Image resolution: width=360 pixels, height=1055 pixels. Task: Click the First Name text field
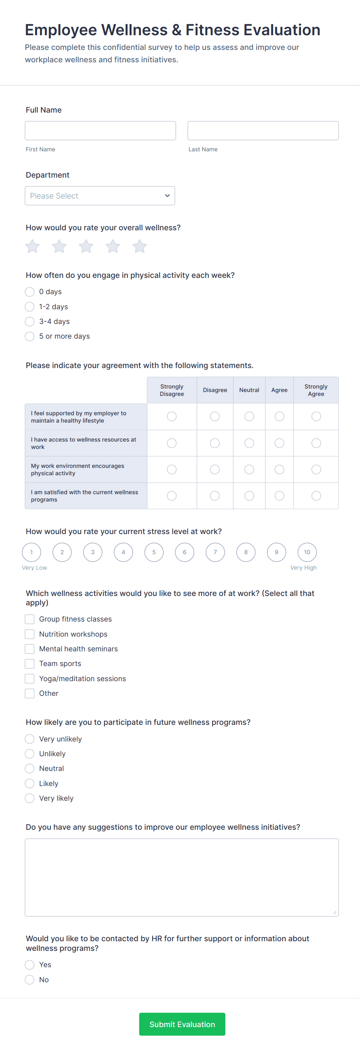(x=100, y=131)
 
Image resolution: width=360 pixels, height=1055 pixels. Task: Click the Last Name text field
(x=263, y=131)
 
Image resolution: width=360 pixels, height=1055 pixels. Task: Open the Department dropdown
(x=100, y=196)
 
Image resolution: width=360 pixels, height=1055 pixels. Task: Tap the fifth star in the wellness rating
(x=139, y=247)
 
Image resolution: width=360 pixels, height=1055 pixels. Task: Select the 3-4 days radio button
(x=29, y=322)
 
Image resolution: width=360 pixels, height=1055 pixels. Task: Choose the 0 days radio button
(x=29, y=291)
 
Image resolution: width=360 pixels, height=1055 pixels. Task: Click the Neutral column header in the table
(x=249, y=390)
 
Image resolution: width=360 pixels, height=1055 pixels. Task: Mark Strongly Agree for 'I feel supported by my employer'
(x=316, y=416)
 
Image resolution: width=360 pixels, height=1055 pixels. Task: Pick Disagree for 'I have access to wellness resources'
(x=214, y=443)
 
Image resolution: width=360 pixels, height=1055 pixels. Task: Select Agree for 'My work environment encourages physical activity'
(x=279, y=469)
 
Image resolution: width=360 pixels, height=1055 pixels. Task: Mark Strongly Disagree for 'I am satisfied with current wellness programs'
(x=171, y=496)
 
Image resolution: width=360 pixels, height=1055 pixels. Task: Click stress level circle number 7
(x=215, y=552)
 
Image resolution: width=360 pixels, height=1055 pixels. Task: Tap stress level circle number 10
(x=307, y=552)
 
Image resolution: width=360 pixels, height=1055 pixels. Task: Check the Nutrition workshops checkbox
(x=29, y=634)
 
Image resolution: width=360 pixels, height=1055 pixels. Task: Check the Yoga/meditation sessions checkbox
(x=29, y=678)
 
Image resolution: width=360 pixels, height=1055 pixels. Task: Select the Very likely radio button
(x=29, y=798)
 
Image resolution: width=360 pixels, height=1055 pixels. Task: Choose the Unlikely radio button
(x=29, y=754)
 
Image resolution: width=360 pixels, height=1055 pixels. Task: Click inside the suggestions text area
(x=182, y=877)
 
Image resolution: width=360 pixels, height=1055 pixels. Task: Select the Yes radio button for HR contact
(x=29, y=964)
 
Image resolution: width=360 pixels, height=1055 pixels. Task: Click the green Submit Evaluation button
(x=182, y=1024)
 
